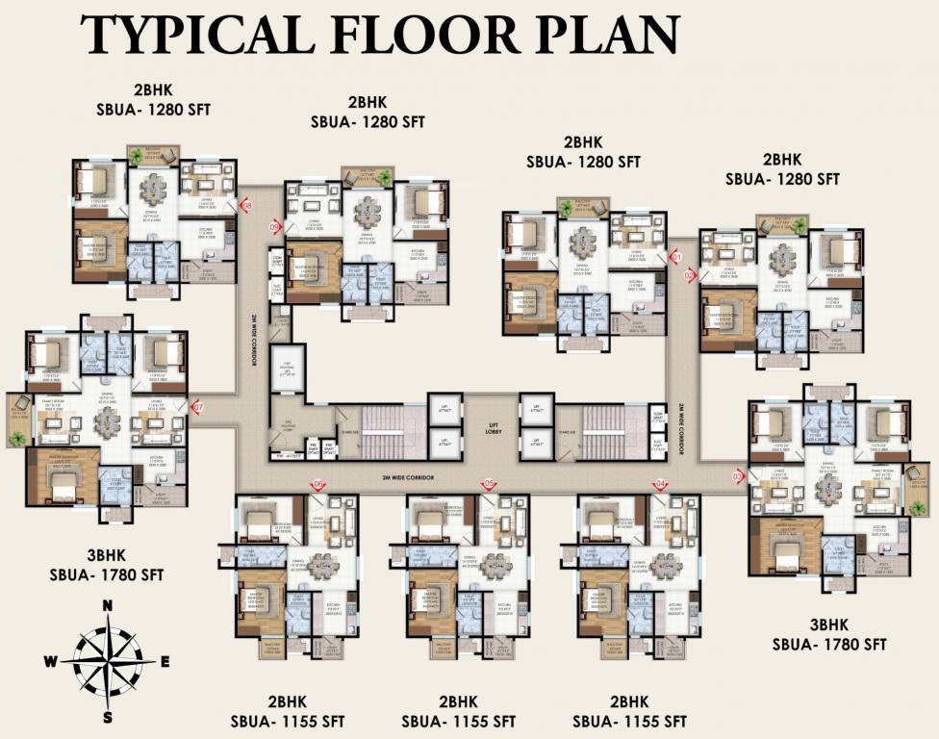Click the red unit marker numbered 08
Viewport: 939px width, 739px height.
(246, 205)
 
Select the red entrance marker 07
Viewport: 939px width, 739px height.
(198, 408)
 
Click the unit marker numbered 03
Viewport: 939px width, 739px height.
(739, 475)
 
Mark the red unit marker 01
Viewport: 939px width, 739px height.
(675, 257)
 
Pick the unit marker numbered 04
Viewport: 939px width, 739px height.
(660, 484)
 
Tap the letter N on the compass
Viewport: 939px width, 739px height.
(109, 605)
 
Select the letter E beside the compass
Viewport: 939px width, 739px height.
(165, 661)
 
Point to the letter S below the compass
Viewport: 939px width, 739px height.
(109, 717)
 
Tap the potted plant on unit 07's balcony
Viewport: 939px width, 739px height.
(17, 437)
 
